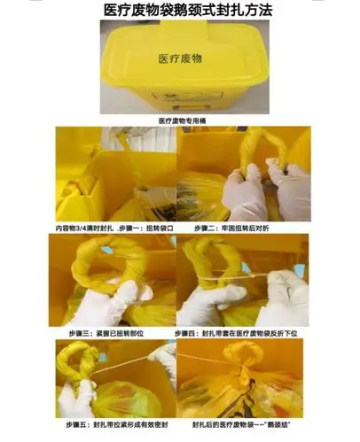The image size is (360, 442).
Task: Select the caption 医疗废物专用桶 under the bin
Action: click(180, 120)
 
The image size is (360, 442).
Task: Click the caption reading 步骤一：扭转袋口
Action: click(114, 228)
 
